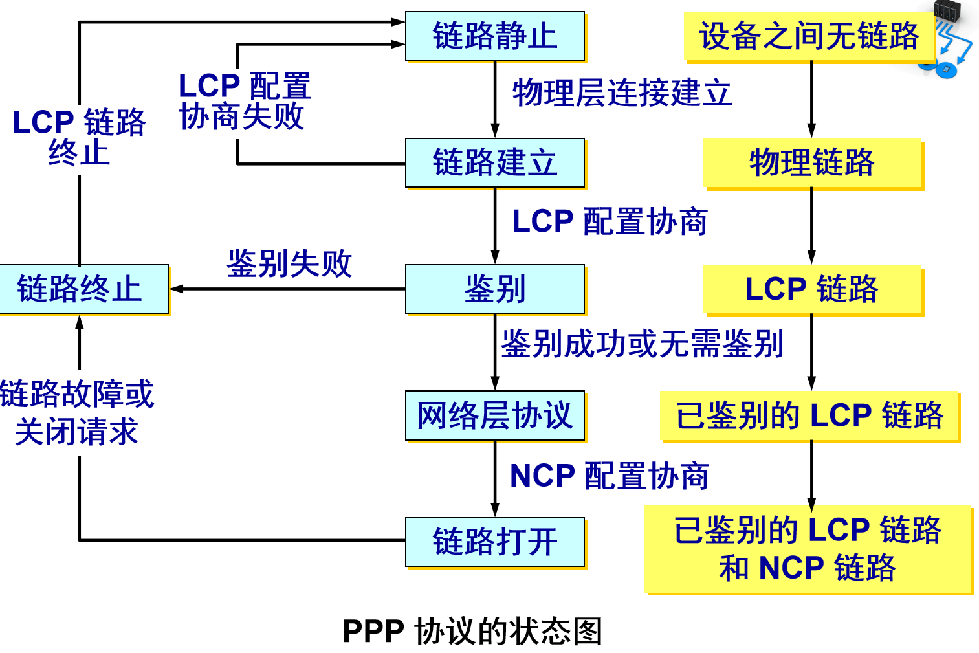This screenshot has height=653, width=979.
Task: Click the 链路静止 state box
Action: pos(495,36)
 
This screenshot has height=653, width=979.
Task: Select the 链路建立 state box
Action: pos(495,162)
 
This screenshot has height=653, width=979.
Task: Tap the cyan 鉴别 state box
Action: pos(495,289)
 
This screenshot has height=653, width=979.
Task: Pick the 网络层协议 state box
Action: pos(495,415)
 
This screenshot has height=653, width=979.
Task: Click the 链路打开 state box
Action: pos(495,542)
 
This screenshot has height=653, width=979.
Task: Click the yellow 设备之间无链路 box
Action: pos(809,36)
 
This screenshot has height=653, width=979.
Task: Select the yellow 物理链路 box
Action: pos(812,162)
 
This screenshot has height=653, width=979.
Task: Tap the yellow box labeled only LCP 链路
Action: pos(812,289)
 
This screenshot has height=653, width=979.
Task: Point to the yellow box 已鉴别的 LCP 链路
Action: pos(809,415)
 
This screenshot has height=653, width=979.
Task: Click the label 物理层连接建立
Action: pos(622,93)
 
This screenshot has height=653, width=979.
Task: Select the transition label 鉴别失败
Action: pos(289,264)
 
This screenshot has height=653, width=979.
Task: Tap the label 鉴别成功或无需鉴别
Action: pos(642,344)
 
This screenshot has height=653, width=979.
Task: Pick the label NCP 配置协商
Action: pos(609,476)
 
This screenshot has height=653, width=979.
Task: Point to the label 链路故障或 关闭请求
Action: pos(76,413)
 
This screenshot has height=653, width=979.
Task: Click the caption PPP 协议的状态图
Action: pos(472,631)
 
